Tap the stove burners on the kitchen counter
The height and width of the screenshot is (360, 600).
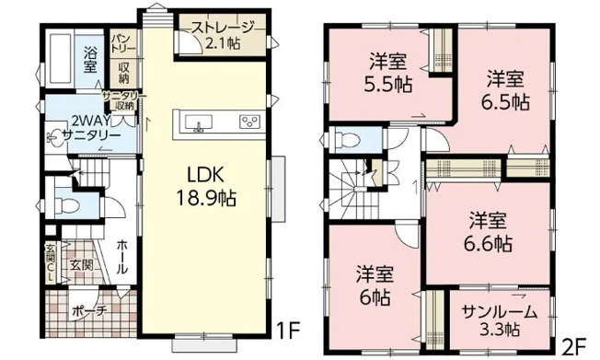click(x=249, y=122)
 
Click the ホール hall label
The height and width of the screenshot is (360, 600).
click(x=122, y=254)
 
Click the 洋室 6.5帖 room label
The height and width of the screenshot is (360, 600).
click(x=507, y=89)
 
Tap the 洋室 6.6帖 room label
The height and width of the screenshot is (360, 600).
click(x=489, y=231)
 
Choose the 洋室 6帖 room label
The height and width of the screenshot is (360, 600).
click(x=375, y=285)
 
